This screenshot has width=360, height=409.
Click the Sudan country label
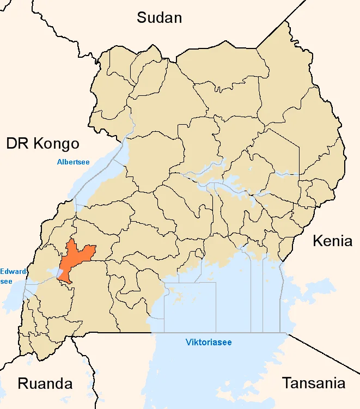(x=159, y=17)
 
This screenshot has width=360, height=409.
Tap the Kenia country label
(x=332, y=241)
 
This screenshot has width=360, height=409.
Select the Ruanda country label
(x=45, y=383)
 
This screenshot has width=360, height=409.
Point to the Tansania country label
(x=313, y=383)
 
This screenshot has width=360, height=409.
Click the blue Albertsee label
(x=74, y=161)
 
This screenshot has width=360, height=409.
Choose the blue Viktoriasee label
(x=209, y=342)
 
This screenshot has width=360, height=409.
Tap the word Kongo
(x=56, y=143)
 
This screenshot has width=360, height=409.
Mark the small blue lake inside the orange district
(x=58, y=271)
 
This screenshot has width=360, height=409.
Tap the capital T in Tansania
(x=286, y=383)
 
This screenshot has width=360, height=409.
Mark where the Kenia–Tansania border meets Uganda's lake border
(x=287, y=333)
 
